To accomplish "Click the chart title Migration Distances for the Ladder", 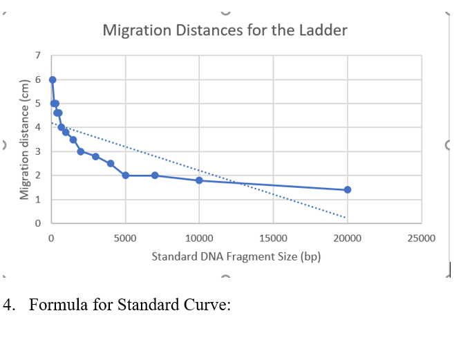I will pyautogui.click(x=225, y=30).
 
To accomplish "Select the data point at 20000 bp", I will pyautogui.click(x=347, y=189).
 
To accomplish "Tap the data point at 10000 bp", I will pyautogui.click(x=199, y=180).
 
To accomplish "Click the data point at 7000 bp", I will pyautogui.click(x=155, y=175).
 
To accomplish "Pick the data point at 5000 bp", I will pyautogui.click(x=125, y=175).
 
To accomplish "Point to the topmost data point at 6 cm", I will pyautogui.click(x=53, y=79).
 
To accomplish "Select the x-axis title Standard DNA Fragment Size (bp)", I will pyautogui.click(x=236, y=256).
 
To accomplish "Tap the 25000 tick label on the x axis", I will pyautogui.click(x=421, y=238).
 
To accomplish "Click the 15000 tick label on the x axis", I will pyautogui.click(x=273, y=238).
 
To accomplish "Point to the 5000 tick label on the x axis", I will pyautogui.click(x=125, y=238).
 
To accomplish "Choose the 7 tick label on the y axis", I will pyautogui.click(x=39, y=55).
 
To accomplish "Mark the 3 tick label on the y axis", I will pyautogui.click(x=39, y=151).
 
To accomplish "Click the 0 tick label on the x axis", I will pyautogui.click(x=51, y=238).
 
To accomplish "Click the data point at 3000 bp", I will pyautogui.click(x=95, y=156).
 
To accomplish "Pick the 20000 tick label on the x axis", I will pyautogui.click(x=347, y=238).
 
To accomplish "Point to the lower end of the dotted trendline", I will pyautogui.click(x=346, y=217).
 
